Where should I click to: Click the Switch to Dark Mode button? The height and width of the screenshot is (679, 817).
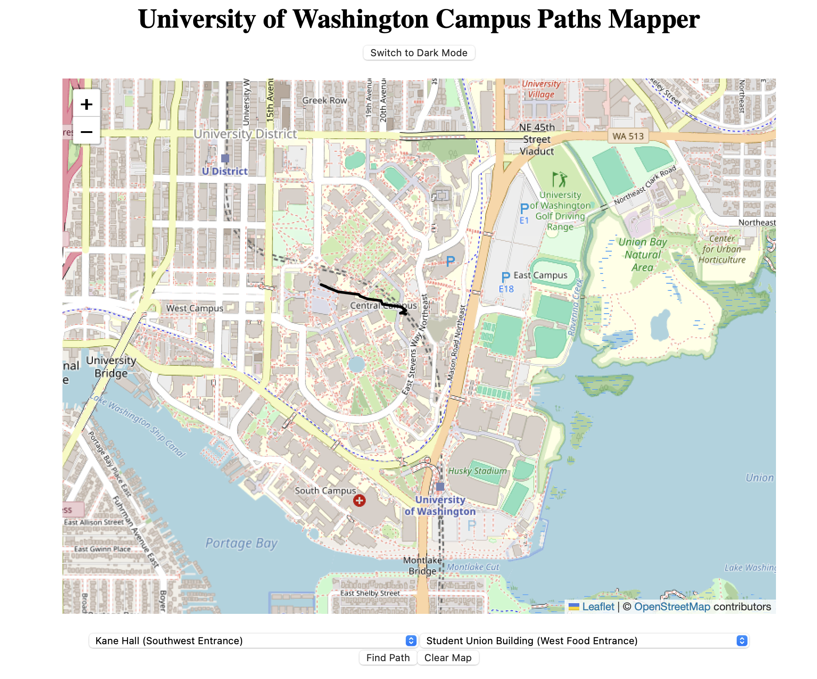[418, 53]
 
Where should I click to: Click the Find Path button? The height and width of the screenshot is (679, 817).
[388, 658]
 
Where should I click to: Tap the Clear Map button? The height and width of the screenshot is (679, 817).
[448, 658]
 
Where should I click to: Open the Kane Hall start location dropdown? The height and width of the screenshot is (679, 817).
[253, 641]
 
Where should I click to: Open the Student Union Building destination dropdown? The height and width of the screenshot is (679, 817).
[584, 641]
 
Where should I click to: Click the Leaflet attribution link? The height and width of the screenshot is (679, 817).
[598, 607]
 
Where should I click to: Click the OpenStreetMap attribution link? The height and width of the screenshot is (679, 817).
[672, 607]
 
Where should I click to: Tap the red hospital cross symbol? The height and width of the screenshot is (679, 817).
[359, 501]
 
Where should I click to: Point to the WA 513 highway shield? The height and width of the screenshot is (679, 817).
[628, 136]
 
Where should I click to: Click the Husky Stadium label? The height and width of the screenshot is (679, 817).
[477, 471]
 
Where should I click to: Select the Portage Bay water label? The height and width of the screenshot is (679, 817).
[241, 543]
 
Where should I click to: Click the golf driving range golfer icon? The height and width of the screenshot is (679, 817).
[559, 179]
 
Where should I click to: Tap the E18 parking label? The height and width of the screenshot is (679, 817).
[506, 289]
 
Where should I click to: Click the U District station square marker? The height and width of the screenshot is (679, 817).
[225, 158]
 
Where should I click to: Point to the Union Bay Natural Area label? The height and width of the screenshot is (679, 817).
[642, 255]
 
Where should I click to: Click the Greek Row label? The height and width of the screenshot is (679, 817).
[325, 100]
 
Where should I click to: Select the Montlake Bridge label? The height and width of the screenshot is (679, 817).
[422, 565]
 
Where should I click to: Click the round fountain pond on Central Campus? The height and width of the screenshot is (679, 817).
[356, 364]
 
